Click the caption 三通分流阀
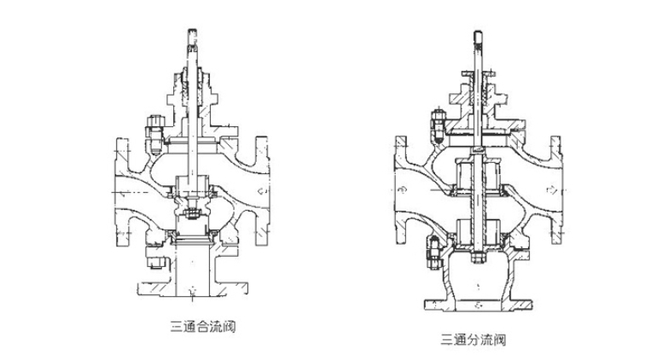[472, 340]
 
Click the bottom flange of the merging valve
[187, 290]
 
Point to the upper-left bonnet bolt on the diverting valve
[435, 127]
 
